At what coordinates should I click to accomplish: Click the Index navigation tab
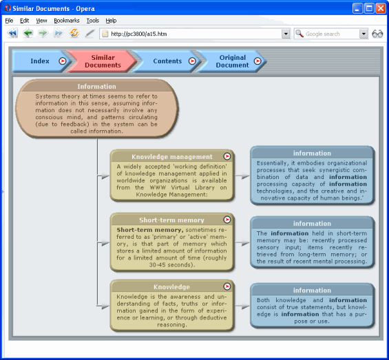(39, 61)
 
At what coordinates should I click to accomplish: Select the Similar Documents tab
(102, 61)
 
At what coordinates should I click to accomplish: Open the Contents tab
(167, 61)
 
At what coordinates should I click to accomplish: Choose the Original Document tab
(232, 61)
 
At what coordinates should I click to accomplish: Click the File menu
(9, 21)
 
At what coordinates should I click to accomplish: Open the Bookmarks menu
(67, 21)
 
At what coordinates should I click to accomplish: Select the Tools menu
(92, 21)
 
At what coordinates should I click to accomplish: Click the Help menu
(111, 21)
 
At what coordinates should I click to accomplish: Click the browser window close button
(379, 8)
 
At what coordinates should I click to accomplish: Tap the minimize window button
(357, 8)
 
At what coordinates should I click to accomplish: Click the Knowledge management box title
(171, 157)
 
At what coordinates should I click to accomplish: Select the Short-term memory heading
(171, 220)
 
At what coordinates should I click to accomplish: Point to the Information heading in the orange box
(96, 87)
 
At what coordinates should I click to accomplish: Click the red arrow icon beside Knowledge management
(227, 157)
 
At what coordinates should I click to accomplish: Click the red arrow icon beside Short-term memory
(227, 220)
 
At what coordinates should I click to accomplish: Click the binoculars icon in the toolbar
(377, 34)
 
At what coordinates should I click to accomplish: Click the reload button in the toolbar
(74, 34)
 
